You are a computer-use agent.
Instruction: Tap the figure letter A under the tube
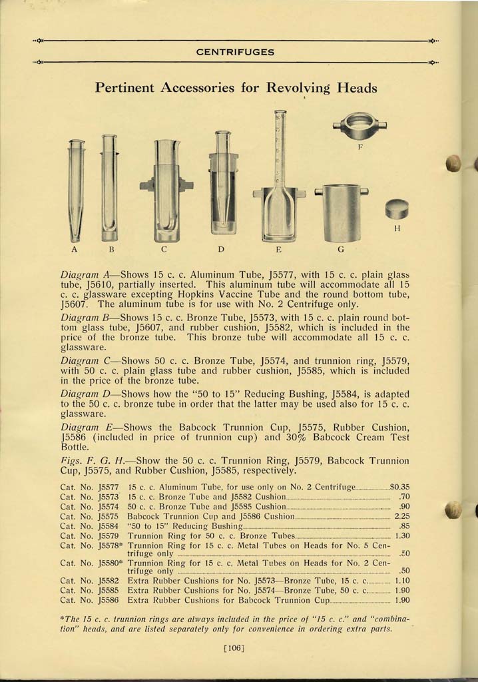[75, 250]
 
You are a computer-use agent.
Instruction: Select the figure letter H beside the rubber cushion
[397, 230]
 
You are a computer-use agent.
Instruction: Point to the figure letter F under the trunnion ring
[360, 147]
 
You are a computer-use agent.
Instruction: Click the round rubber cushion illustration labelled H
[397, 210]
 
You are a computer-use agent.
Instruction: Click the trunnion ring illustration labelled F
[359, 125]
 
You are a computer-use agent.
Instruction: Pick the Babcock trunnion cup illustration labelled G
[341, 212]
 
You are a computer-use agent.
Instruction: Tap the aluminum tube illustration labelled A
[76, 190]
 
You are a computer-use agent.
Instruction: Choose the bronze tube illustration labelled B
[109, 188]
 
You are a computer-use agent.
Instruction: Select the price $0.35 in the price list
[398, 488]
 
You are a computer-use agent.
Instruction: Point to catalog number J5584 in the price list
[108, 525]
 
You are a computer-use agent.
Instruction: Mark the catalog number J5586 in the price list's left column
[108, 600]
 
